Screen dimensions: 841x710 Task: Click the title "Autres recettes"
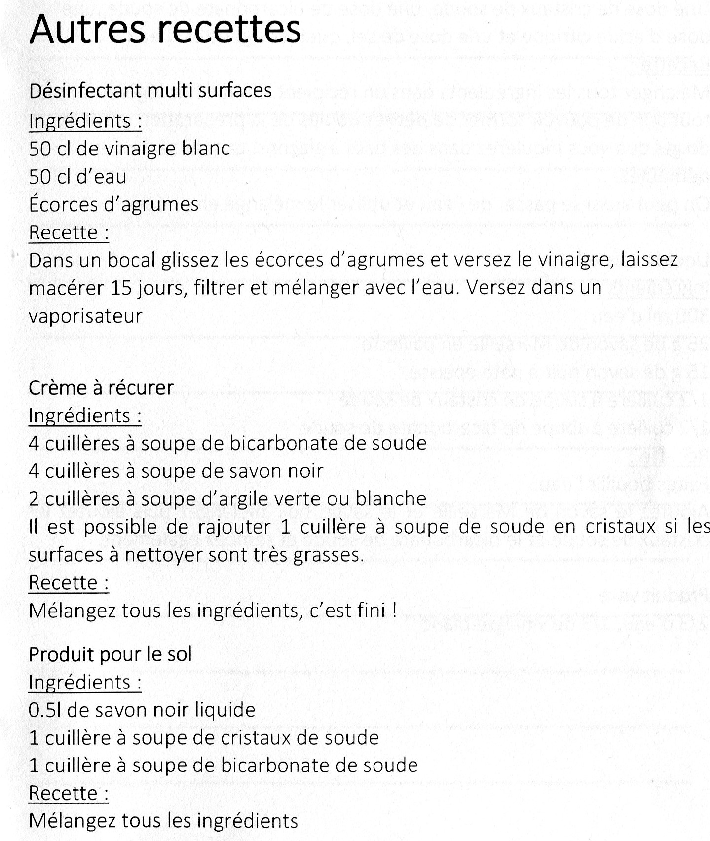pos(165,30)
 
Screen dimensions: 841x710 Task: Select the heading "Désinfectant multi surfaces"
pos(150,91)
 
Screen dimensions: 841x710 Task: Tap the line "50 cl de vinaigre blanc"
pos(130,149)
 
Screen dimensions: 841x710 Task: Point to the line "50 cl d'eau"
pos(77,177)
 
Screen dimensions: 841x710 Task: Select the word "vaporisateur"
pos(85,316)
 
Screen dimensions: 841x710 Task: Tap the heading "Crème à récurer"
pos(101,388)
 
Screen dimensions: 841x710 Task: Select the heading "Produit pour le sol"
pos(110,654)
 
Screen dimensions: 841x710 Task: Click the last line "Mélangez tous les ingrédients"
pos(163,821)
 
